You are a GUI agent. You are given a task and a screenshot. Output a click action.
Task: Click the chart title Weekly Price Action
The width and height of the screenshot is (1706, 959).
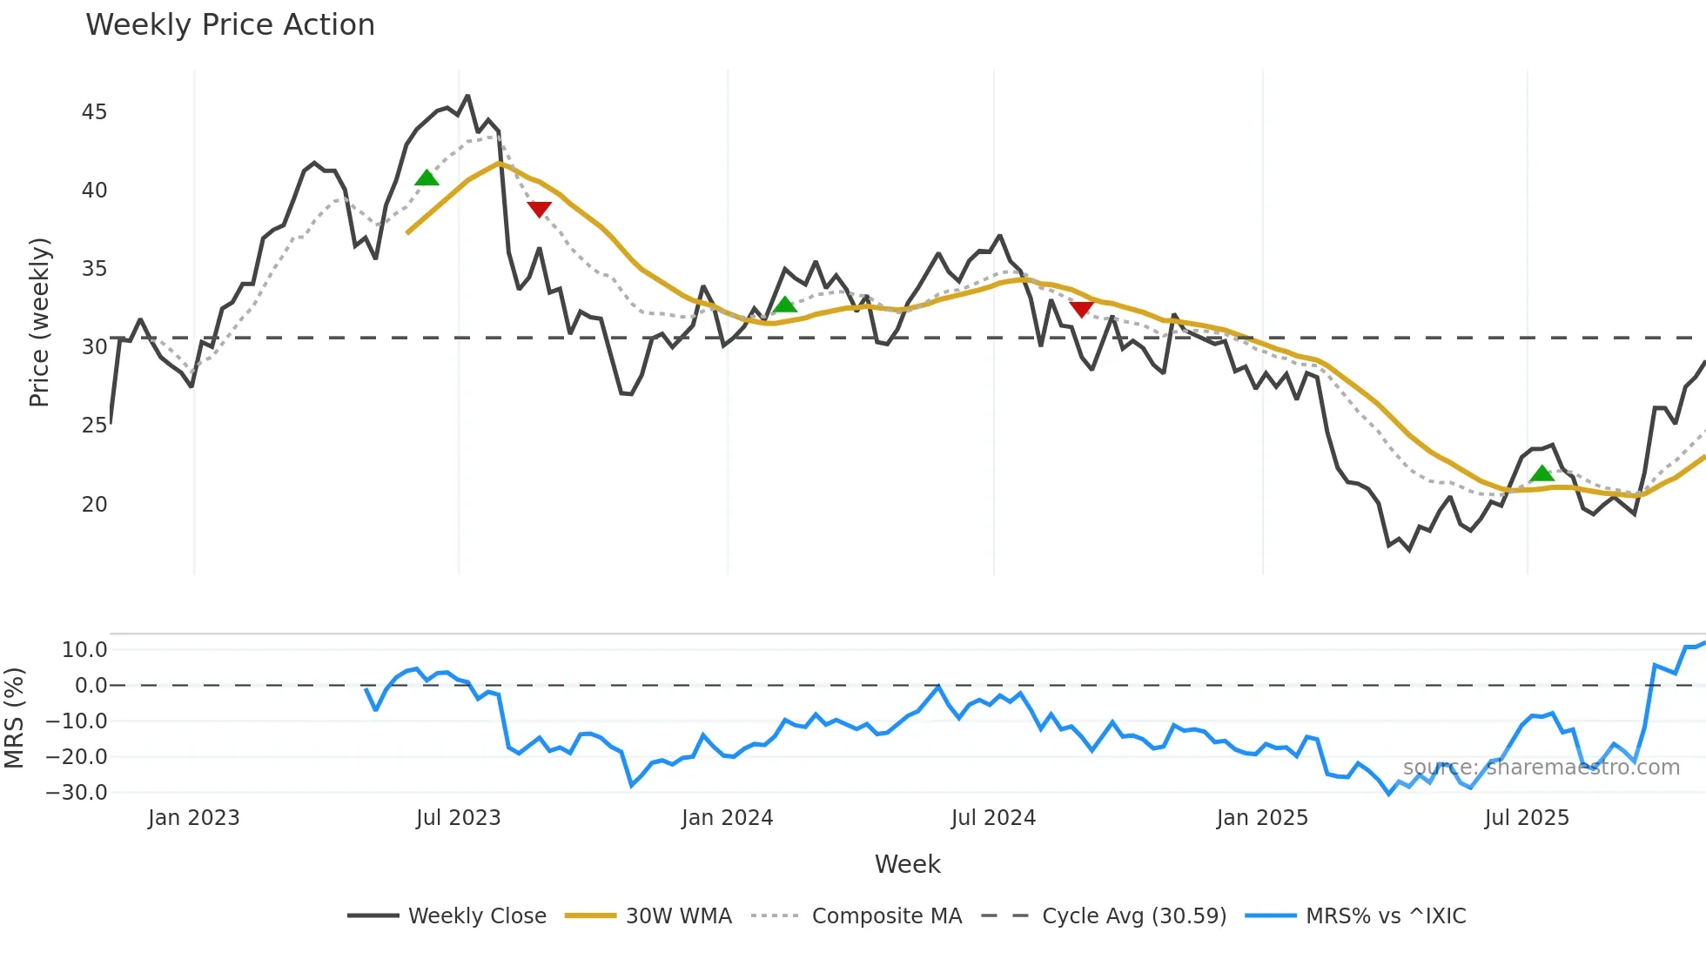230,25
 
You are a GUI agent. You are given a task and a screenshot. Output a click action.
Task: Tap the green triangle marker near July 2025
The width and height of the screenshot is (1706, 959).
1542,474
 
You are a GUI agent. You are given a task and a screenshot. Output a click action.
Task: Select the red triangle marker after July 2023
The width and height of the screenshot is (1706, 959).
540,209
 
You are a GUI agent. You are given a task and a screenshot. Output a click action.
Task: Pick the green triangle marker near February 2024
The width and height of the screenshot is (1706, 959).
785,305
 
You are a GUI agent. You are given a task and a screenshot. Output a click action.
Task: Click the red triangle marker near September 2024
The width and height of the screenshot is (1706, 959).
1081,309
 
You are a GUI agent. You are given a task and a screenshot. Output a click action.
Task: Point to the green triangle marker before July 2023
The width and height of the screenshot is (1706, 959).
426,178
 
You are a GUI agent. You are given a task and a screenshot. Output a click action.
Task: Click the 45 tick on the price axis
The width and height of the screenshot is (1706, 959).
94,112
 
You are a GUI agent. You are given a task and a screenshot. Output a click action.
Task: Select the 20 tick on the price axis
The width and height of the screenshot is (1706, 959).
94,505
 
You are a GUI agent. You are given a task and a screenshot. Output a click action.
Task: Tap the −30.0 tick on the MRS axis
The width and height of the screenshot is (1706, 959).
77,793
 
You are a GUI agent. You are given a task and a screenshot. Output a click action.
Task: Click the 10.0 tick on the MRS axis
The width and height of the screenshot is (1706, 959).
84,650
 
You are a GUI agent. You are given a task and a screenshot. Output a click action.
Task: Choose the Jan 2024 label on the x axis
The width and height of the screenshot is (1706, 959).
727,818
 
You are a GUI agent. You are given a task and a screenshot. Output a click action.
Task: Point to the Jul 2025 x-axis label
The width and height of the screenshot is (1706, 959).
1527,818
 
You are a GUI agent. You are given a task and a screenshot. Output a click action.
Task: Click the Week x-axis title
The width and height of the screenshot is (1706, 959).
907,864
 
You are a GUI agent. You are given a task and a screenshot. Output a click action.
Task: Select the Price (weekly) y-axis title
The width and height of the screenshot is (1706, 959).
39,322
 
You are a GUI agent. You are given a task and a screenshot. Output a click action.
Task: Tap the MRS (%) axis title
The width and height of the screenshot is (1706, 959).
14,718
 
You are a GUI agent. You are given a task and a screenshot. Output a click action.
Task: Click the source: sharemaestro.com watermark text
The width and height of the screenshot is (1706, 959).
1541,768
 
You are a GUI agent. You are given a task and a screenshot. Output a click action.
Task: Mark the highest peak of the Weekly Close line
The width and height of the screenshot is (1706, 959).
467,96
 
